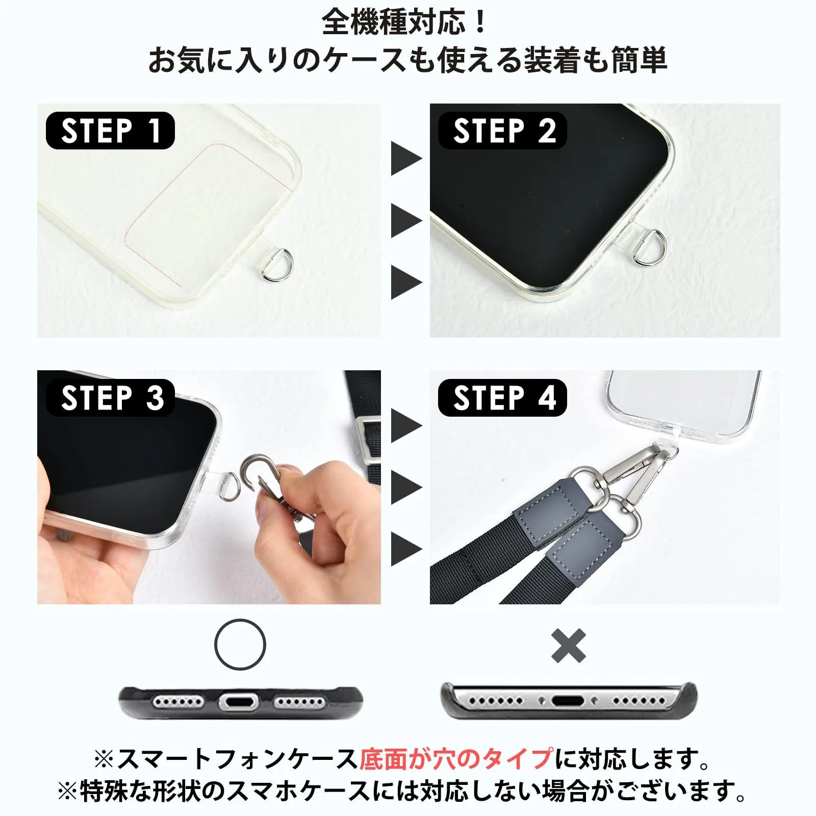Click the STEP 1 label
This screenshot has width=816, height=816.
[110, 131]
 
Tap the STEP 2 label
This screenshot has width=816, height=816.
[503, 131]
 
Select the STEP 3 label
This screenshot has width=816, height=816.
[110, 398]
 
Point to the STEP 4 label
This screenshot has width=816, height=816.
[503, 398]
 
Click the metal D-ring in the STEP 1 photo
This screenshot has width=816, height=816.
[286, 265]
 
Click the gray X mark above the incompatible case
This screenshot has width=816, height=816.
[569, 645]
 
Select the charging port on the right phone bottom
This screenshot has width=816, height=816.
[569, 701]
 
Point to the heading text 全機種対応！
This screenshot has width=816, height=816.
[405, 22]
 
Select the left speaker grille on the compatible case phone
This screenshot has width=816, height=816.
[178, 702]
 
